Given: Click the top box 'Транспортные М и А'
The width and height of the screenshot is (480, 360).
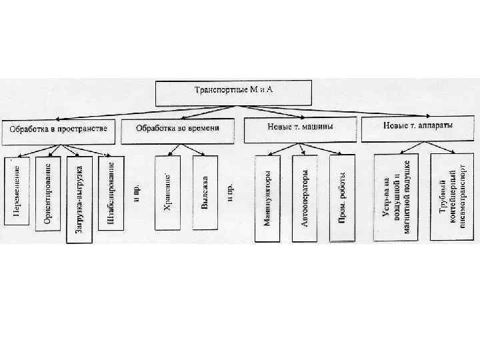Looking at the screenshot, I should click(233, 93).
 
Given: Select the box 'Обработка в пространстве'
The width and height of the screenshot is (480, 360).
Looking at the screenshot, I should click(59, 130).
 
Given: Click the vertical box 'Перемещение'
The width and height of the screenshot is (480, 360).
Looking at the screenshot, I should click(17, 191).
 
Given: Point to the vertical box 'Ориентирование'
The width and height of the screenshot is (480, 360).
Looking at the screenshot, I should click(49, 193).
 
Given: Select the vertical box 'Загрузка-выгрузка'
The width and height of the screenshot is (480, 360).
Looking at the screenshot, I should click(79, 199).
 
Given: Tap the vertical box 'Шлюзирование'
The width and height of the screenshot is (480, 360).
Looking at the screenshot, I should click(110, 192).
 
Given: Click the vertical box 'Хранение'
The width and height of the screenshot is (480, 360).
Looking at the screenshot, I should click(168, 192).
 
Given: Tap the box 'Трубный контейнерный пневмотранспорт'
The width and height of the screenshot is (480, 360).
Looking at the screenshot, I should click(452, 194).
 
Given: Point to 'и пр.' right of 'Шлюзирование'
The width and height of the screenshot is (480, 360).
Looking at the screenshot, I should click(136, 192).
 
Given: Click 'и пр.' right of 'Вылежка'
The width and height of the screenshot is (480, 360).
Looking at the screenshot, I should click(230, 192).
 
